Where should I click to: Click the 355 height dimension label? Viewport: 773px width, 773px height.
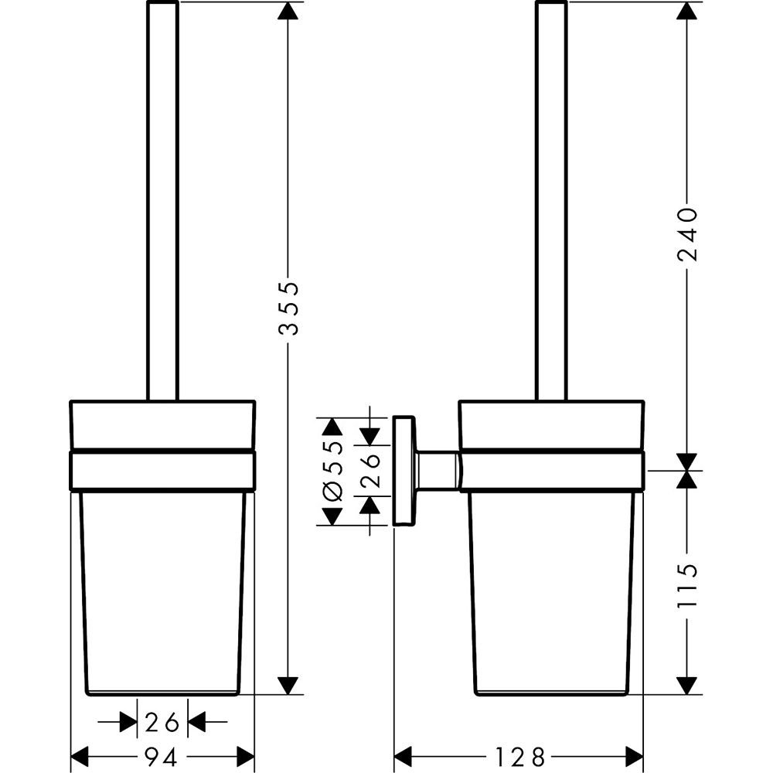coord(288,308)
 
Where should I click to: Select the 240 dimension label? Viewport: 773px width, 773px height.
coord(687,233)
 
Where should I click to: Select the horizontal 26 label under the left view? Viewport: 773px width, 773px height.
coord(162,723)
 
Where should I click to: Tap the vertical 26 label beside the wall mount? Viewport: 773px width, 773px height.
coord(370,472)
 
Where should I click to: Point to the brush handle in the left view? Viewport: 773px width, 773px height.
coord(162,201)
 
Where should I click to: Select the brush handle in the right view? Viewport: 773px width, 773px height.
coord(551,201)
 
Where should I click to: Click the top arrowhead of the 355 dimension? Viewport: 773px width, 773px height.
coord(288,11)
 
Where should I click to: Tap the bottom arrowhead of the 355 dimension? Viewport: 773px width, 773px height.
coord(288,685)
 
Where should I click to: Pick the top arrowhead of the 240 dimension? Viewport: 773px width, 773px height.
coord(687,11)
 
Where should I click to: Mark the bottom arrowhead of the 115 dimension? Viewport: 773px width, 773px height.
coord(687,685)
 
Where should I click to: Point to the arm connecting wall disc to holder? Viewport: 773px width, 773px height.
coord(438,469)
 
